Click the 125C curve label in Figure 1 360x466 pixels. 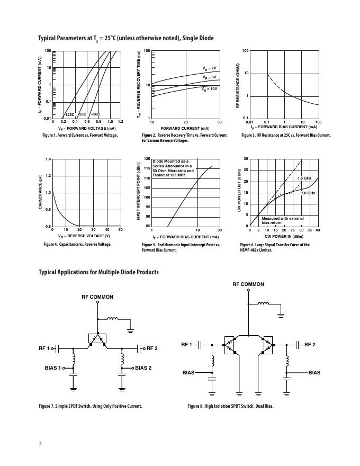(x=70, y=114)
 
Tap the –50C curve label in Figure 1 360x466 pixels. (x=95, y=114)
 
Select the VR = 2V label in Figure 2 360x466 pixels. (x=210, y=68)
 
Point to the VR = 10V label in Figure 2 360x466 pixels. (x=210, y=89)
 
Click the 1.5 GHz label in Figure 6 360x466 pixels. (x=304, y=178)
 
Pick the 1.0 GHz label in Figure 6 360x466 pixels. (x=308, y=193)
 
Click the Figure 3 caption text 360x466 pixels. (x=286, y=135)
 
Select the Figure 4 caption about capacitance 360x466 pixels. (x=77, y=244)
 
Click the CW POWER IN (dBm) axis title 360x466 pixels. (x=284, y=236)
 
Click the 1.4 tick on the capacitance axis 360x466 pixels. (x=48, y=159)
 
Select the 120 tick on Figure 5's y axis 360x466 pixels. (x=147, y=159)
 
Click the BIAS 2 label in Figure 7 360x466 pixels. (x=143, y=368)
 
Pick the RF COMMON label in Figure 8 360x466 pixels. (x=248, y=284)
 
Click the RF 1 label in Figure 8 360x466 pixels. (x=186, y=345)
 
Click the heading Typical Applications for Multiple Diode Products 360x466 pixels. (x=98, y=272)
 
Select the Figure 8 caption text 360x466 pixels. (x=230, y=406)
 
